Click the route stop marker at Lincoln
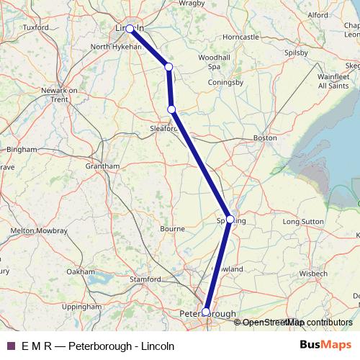(x=130, y=29)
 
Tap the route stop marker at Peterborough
(x=206, y=312)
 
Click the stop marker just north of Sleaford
(x=171, y=109)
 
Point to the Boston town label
(x=265, y=137)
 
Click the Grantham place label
(x=102, y=166)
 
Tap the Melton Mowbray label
(x=39, y=230)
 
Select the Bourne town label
(x=172, y=229)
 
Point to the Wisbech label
(x=314, y=274)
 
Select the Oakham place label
(x=80, y=271)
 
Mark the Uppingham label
(x=81, y=306)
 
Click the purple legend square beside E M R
(x=10, y=346)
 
